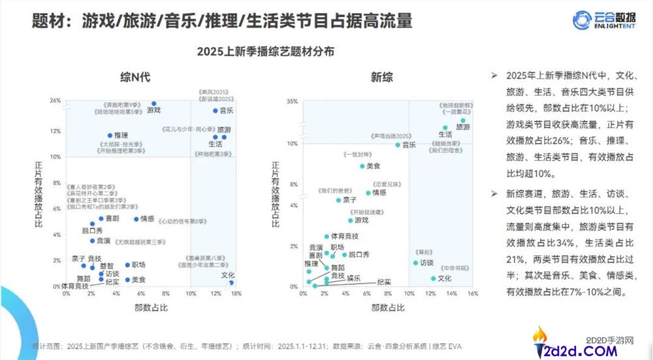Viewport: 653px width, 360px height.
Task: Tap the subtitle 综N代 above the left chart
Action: click(x=135, y=77)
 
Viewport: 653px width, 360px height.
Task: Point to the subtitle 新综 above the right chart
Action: click(x=382, y=77)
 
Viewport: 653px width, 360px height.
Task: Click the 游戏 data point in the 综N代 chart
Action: click(x=154, y=104)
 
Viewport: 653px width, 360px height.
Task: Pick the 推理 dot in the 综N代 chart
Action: click(x=110, y=136)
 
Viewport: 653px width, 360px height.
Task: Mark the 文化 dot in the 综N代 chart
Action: click(x=231, y=282)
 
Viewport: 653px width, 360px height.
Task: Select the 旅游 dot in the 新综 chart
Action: click(x=463, y=121)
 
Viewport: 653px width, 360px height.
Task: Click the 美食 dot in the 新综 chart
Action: click(x=362, y=166)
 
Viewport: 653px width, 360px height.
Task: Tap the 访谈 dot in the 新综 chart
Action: click(x=415, y=263)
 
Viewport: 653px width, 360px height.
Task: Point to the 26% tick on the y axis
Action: click(x=55, y=101)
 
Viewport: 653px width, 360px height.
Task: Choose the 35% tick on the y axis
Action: click(x=292, y=102)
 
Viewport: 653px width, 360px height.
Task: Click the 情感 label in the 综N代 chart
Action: click(x=147, y=219)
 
